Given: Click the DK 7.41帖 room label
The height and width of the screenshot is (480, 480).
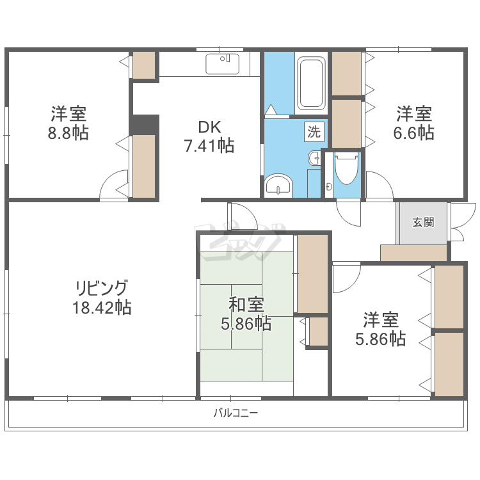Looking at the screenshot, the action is [x=209, y=136].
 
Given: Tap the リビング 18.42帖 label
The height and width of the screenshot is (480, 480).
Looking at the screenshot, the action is [x=102, y=298].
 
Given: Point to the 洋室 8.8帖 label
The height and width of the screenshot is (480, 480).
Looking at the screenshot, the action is [x=68, y=123].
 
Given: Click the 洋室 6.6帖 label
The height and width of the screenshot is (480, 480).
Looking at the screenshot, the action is [x=414, y=123].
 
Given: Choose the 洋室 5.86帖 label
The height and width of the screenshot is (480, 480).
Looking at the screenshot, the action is [x=381, y=329].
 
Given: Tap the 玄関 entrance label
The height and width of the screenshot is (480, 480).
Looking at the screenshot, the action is [x=424, y=222].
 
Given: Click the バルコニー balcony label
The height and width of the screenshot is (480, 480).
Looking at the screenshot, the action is [x=236, y=413].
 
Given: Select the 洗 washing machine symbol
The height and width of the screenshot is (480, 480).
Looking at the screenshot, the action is [x=314, y=132].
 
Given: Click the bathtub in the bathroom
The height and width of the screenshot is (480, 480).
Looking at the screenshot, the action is [x=311, y=83].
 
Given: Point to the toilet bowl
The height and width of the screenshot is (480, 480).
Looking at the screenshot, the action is [x=346, y=169].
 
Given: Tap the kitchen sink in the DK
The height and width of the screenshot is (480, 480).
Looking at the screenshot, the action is [x=223, y=64].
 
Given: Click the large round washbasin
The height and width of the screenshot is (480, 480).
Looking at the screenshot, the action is [x=278, y=184].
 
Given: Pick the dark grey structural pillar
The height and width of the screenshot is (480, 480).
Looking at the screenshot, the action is [x=144, y=125].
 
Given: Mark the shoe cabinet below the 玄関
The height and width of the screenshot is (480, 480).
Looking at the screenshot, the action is [x=413, y=253].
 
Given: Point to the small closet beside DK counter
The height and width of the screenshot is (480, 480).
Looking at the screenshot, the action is [x=144, y=65].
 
